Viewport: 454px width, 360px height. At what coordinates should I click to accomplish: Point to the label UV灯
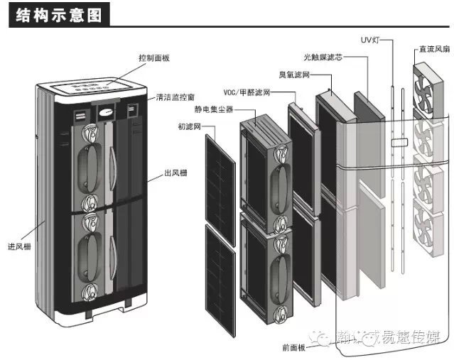click(x=370, y=40)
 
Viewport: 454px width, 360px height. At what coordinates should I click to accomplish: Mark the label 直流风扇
click(x=433, y=50)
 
